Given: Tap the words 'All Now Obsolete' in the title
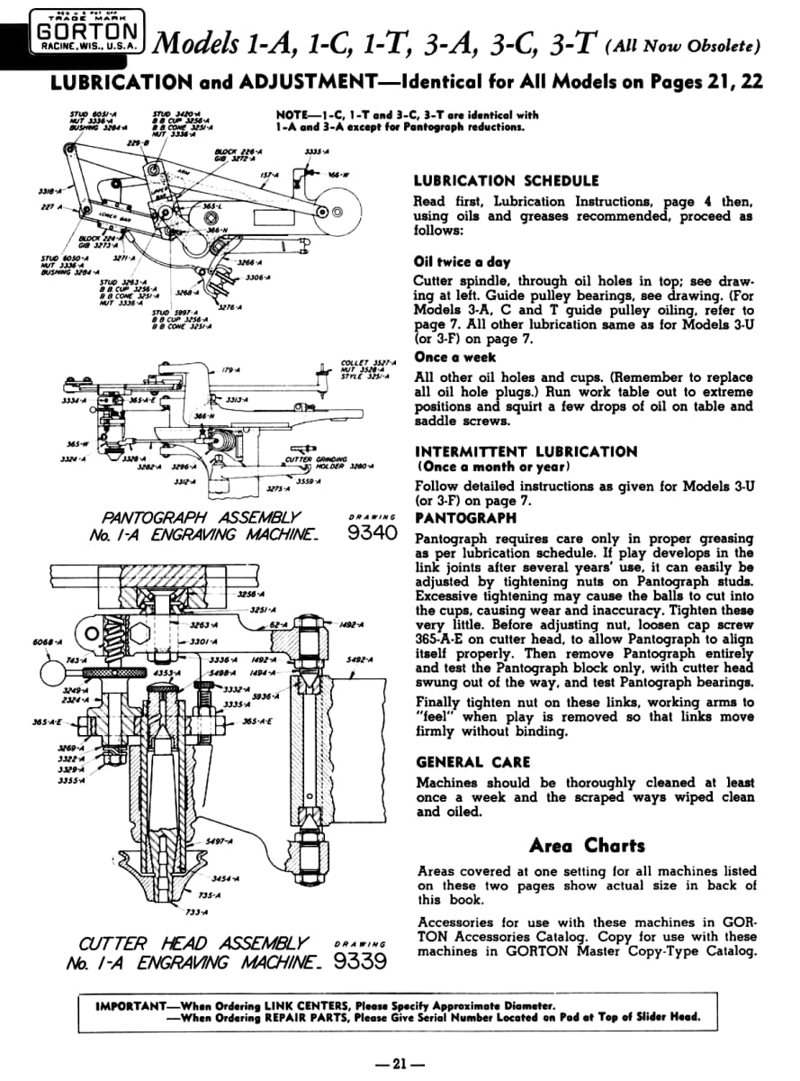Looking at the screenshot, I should [x=687, y=45].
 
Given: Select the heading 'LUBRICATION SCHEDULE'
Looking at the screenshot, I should [x=506, y=181].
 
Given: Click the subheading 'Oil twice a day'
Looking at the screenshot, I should [x=462, y=262].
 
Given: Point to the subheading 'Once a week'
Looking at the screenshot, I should [x=455, y=358].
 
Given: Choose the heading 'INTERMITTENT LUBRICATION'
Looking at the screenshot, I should [x=526, y=451].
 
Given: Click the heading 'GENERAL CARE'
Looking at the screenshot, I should [x=473, y=761].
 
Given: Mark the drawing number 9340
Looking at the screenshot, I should [x=372, y=532].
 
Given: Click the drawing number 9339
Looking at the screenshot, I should [x=360, y=960].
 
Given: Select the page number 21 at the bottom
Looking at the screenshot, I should [x=400, y=1063].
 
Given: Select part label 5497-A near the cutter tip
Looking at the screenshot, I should [x=219, y=840].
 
